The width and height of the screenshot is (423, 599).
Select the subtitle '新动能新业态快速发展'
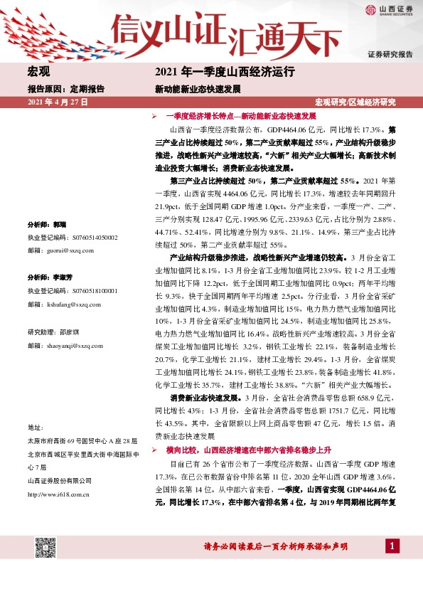pos(198,90)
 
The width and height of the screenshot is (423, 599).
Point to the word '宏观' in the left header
pos(38,72)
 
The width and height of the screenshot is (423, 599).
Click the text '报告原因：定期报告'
pos(65,90)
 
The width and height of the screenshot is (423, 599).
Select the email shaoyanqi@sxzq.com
pos(70,345)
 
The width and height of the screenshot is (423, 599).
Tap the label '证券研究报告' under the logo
pos(390,54)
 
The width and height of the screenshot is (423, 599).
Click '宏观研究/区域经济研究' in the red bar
pos(355,102)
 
